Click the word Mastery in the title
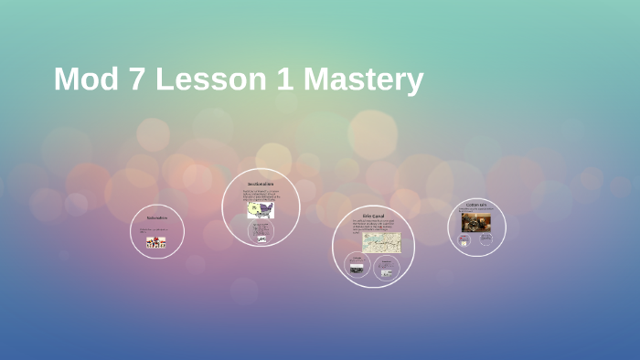click(363, 79)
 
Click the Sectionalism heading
click(261, 184)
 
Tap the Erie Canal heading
click(373, 216)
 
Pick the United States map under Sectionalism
click(261, 210)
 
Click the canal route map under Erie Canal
click(381, 242)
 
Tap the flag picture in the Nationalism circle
click(156, 242)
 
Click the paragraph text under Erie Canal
click(372, 226)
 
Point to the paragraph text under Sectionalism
click(261, 194)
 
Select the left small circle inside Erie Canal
click(356, 266)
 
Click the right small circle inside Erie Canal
click(386, 268)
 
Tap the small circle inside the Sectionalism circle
click(261, 234)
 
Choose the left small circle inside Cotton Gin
click(464, 240)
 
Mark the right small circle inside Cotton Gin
click(485, 239)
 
